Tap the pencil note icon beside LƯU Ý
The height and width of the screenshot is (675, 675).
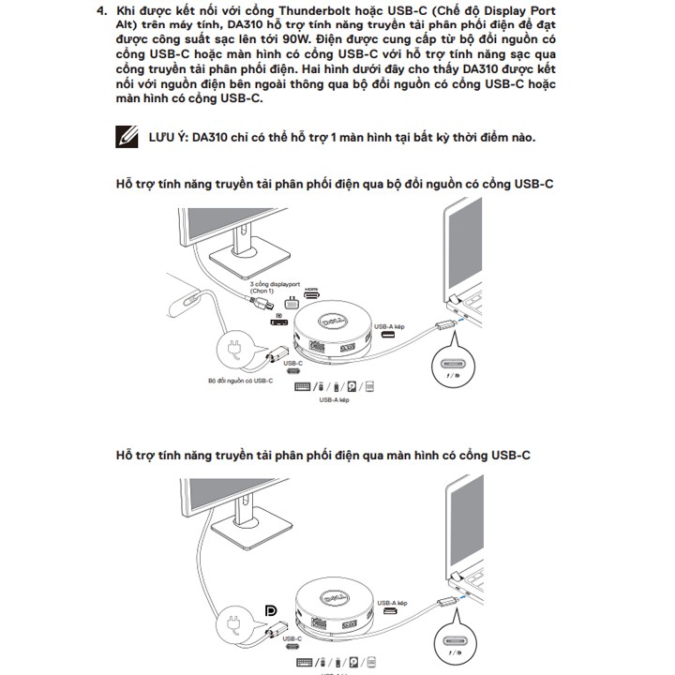tap(126, 138)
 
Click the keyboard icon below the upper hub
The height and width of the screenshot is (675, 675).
tap(302, 385)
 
